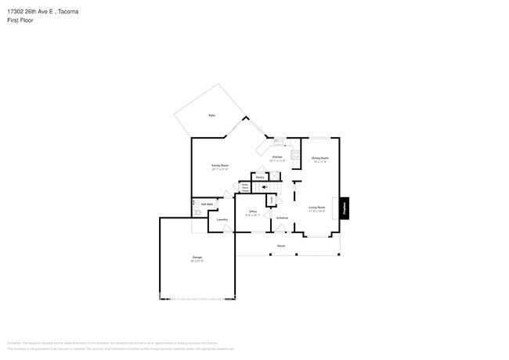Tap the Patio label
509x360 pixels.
211,116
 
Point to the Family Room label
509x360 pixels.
220,165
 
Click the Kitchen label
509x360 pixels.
276,157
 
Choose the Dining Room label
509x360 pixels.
319,158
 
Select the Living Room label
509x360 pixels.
316,207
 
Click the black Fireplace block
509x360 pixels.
344,207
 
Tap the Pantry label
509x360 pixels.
259,177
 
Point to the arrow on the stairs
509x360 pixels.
265,188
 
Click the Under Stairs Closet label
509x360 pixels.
245,189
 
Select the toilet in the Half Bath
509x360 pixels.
196,211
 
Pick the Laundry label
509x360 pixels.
222,220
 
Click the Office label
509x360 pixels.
253,212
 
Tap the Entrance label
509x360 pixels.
282,218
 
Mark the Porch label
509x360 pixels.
280,246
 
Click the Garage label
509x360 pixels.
197,257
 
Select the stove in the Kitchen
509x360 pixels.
295,154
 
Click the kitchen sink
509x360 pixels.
277,142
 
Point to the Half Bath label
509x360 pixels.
208,204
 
